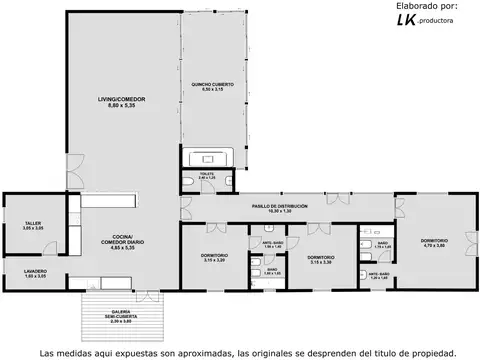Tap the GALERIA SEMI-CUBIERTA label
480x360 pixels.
[x=121, y=319]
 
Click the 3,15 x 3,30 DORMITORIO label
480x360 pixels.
[x=320, y=259]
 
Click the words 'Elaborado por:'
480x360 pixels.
[x=426, y=6]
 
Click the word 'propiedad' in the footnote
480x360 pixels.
[x=429, y=352]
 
